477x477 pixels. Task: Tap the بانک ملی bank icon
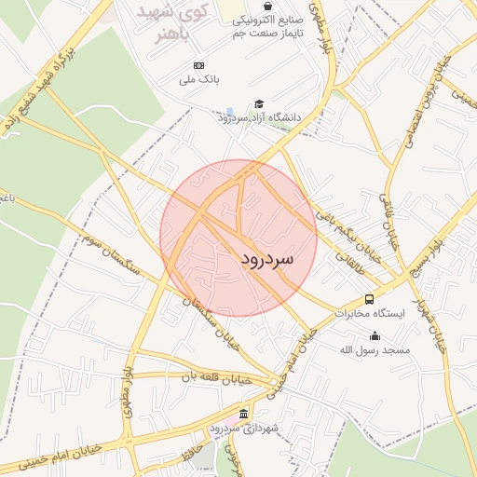198,65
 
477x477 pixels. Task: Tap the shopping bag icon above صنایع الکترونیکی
268,6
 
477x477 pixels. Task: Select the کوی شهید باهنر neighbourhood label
173,22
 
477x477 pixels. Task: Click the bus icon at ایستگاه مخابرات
370,299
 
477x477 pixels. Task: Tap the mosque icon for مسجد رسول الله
375,335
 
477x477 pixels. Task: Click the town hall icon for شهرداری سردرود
244,414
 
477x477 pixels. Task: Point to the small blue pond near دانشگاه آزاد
229,112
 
